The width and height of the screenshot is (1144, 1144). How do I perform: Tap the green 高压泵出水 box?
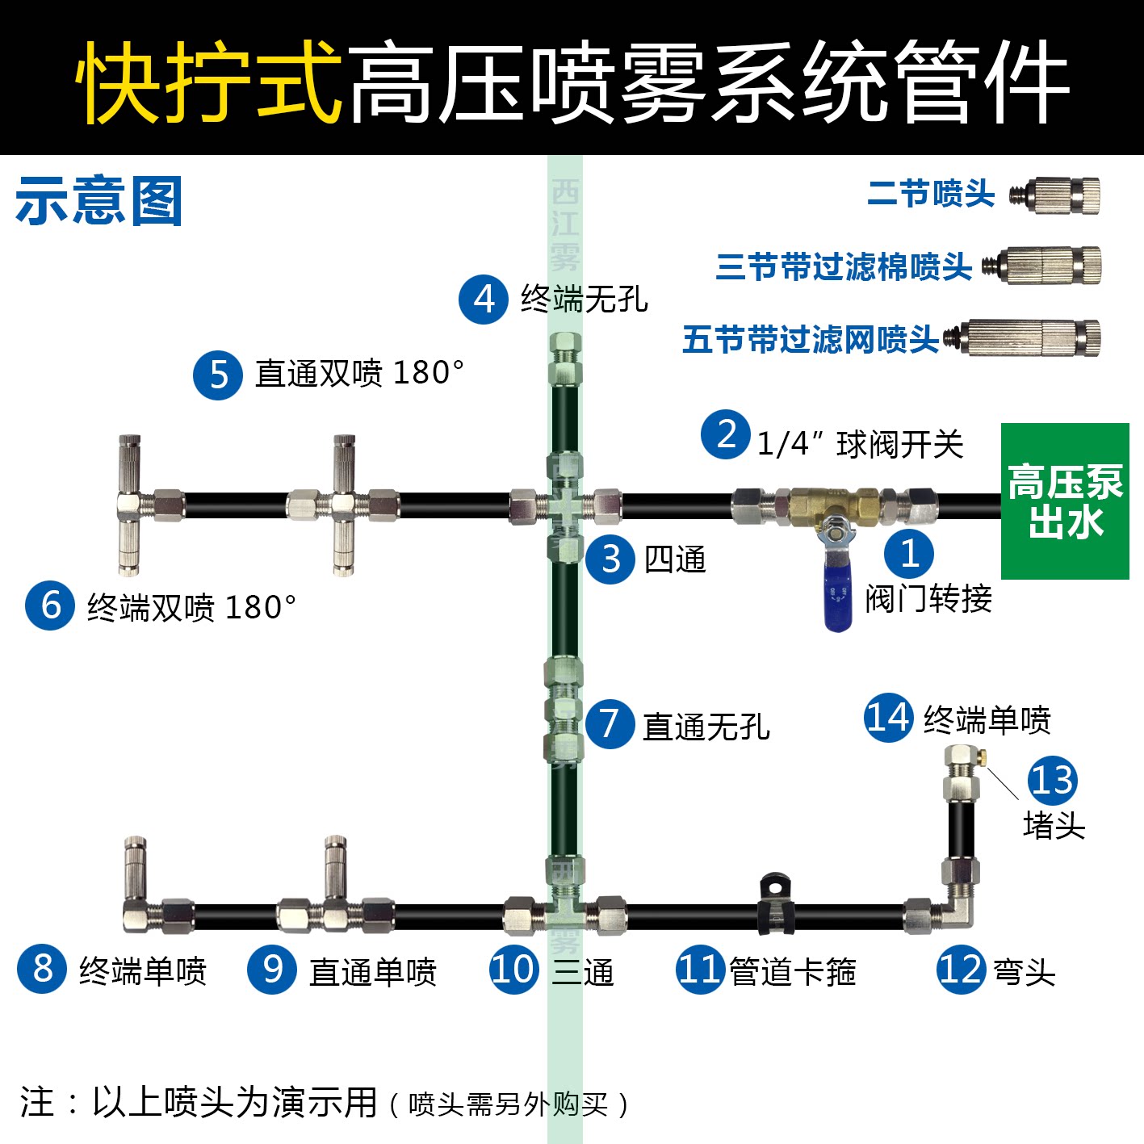click(1065, 501)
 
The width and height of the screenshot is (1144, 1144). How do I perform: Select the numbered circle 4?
click(483, 300)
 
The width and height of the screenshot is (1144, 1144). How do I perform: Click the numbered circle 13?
click(1052, 780)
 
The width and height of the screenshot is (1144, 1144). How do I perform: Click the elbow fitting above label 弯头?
click(953, 912)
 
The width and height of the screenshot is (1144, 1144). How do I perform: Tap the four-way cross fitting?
click(565, 506)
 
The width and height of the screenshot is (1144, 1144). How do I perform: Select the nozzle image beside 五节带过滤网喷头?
click(1026, 338)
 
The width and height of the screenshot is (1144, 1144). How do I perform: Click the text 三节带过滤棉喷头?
click(844, 266)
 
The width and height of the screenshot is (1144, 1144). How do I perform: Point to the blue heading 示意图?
click(98, 201)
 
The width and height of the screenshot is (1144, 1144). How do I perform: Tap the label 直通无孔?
click(706, 727)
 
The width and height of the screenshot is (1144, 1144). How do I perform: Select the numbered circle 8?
click(42, 969)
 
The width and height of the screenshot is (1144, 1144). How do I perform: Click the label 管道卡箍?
click(792, 971)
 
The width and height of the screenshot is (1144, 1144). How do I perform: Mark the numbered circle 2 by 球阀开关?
click(726, 434)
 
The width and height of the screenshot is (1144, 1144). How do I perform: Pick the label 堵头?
click(1054, 825)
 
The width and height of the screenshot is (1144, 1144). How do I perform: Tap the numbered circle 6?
click(50, 606)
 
